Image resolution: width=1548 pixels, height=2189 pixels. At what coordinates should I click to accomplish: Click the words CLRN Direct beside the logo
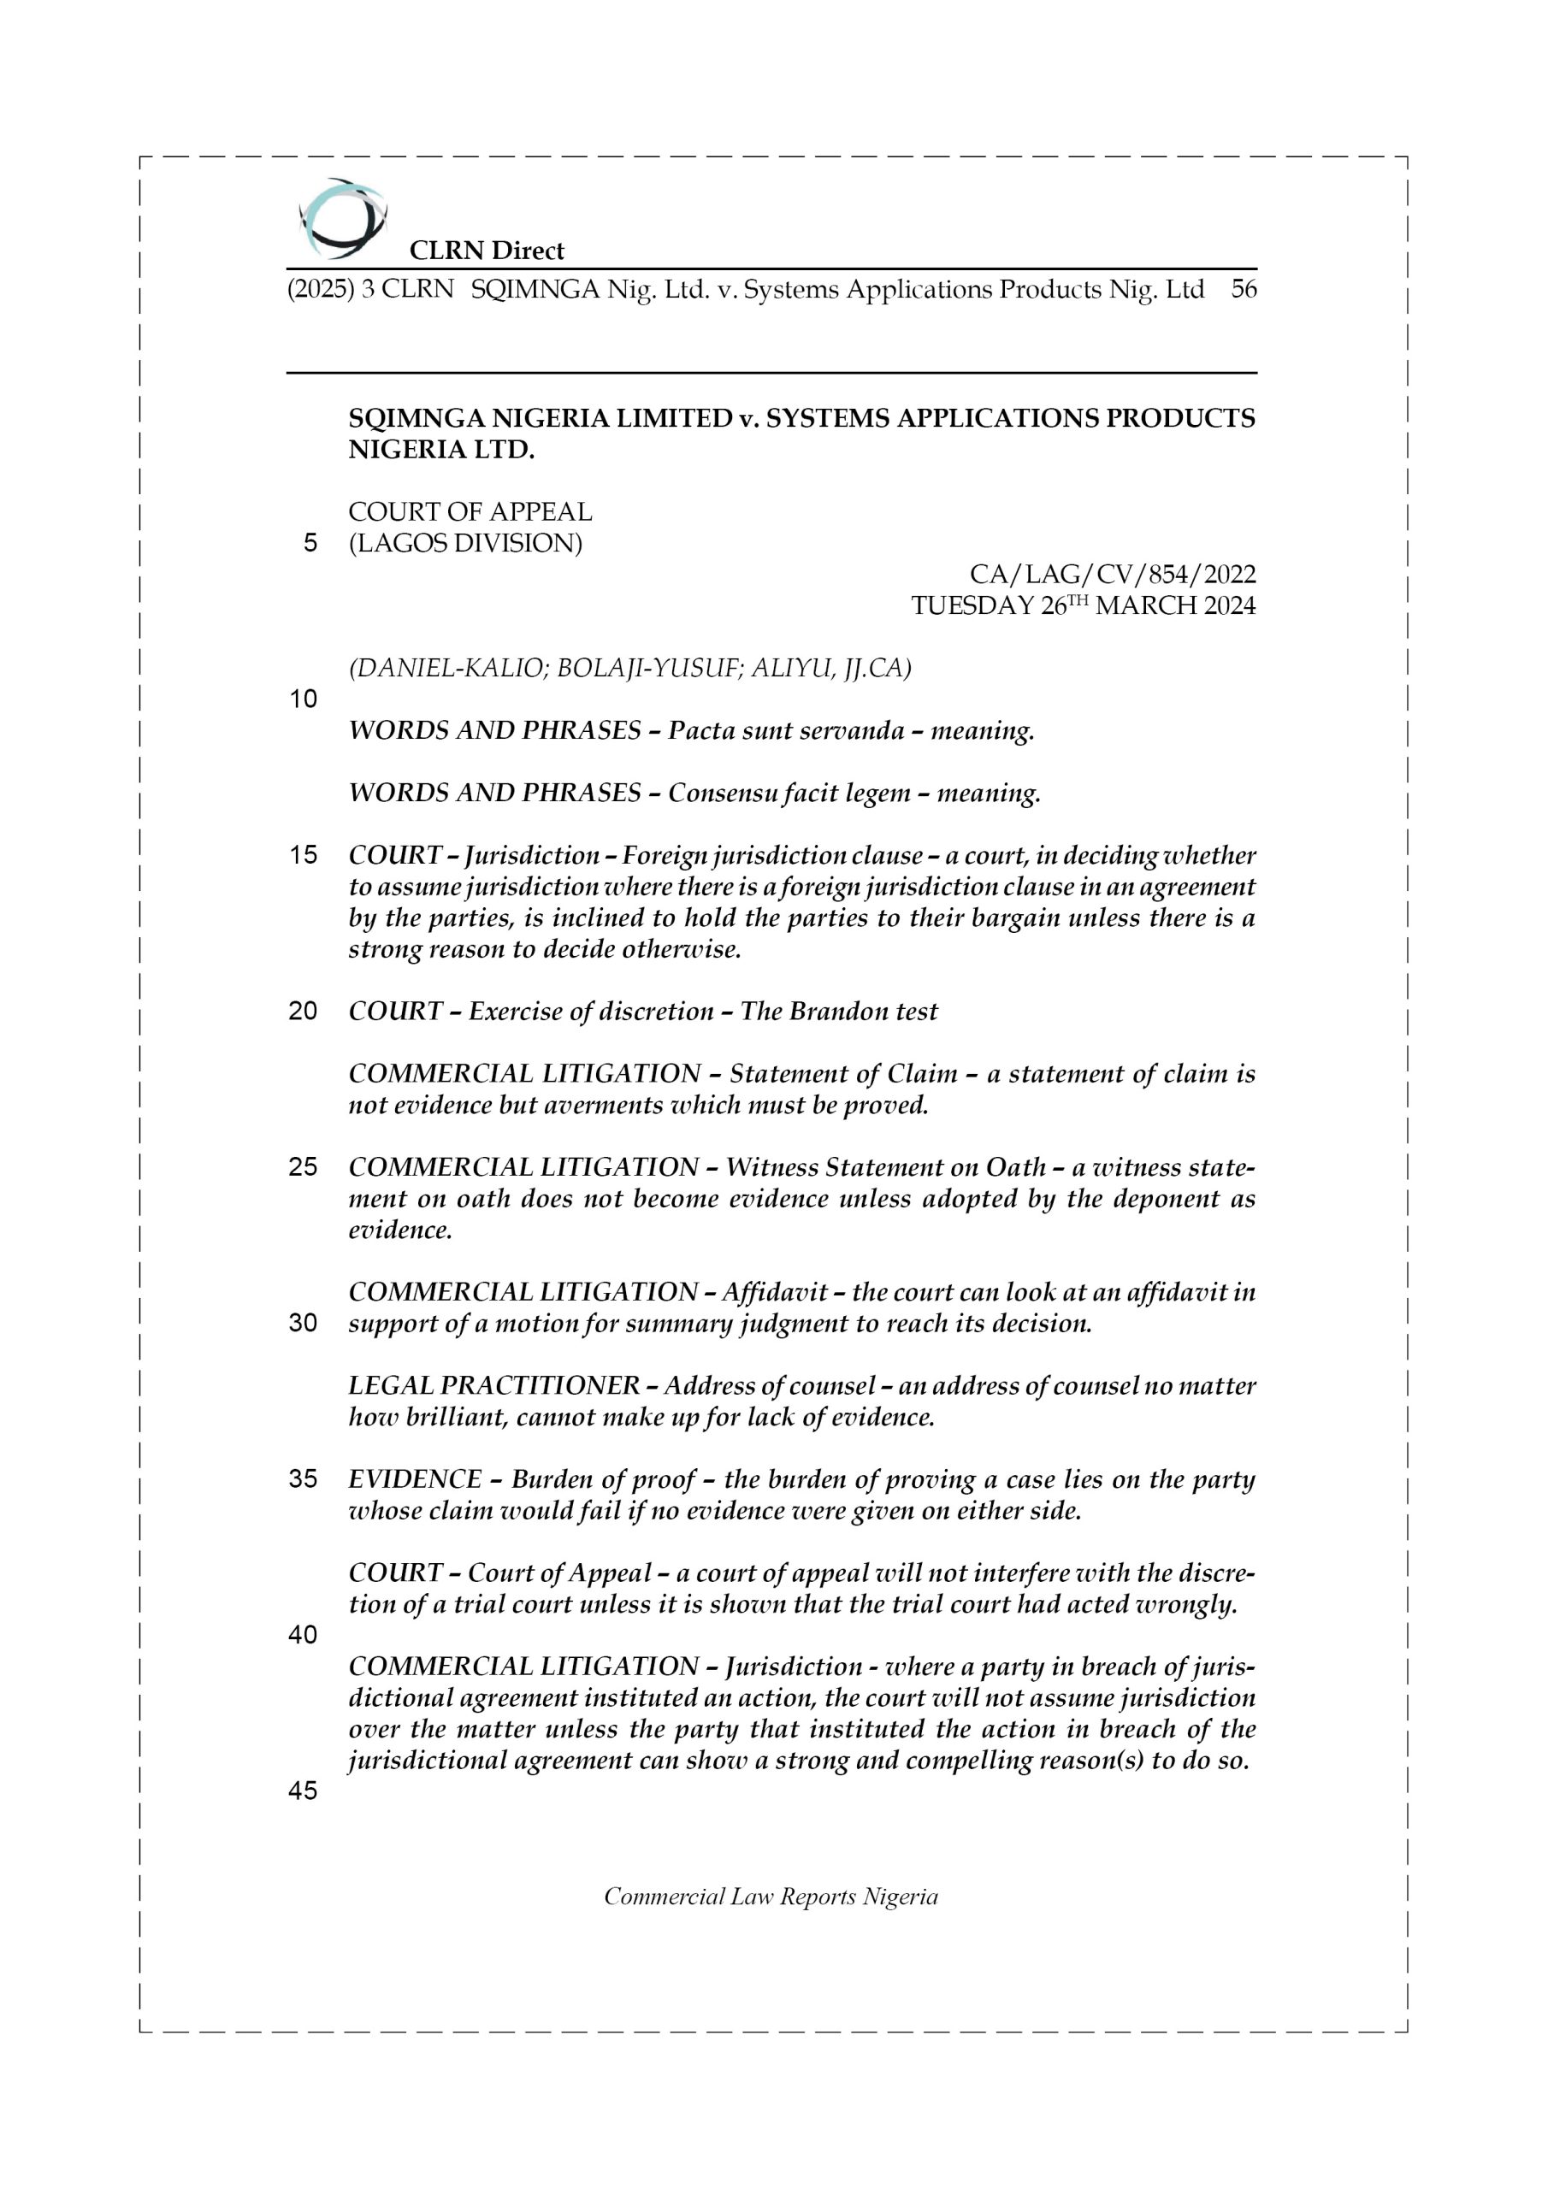[487, 251]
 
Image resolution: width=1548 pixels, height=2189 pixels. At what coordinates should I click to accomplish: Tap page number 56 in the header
[1243, 289]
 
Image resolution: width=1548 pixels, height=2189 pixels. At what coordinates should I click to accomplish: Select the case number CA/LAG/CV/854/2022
[1112, 574]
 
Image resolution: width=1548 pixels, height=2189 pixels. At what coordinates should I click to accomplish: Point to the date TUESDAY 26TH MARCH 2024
[1083, 605]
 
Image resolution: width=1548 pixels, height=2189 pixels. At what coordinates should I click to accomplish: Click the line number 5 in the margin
[310, 544]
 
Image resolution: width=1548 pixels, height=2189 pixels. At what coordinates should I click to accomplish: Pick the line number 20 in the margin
[304, 1011]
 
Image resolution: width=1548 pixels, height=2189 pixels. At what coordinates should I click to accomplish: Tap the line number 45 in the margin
[304, 1791]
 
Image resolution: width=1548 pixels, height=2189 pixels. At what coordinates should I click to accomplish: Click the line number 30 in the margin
[304, 1324]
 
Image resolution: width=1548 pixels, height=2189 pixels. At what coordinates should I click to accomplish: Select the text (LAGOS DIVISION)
[464, 544]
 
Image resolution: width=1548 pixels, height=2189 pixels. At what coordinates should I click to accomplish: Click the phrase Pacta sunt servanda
[786, 731]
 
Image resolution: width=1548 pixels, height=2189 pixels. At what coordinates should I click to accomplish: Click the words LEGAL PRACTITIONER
[493, 1385]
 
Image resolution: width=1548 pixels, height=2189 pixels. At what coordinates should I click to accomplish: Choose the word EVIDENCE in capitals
[415, 1478]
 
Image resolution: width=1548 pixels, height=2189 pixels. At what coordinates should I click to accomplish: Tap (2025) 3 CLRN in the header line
[370, 289]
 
